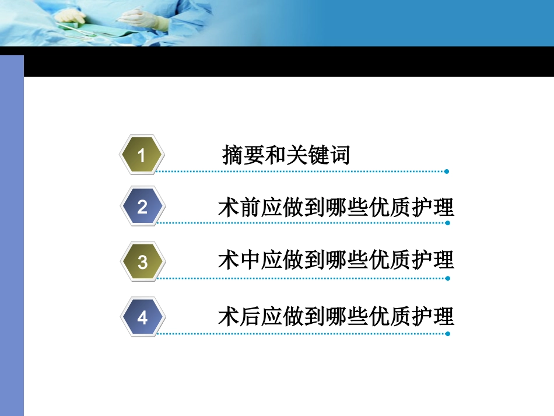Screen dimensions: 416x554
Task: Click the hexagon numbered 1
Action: pos(142,155)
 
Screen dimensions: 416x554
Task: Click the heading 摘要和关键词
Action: pos(286,155)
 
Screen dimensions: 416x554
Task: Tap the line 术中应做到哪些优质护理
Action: pos(336,260)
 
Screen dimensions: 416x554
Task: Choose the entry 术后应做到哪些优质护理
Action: pos(336,316)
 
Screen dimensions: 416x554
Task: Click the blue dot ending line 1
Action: pos(447,172)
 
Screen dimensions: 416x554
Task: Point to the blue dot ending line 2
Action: pos(447,222)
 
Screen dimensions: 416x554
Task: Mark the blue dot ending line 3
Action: pos(447,278)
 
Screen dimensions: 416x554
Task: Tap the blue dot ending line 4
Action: pos(447,334)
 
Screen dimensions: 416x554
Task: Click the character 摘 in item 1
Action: pos(233,155)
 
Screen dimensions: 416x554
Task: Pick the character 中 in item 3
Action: pos(250,260)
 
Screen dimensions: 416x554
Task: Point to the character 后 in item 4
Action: pos(250,316)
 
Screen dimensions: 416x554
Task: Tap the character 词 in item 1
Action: pos(339,155)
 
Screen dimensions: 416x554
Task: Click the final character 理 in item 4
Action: pos(443,316)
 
